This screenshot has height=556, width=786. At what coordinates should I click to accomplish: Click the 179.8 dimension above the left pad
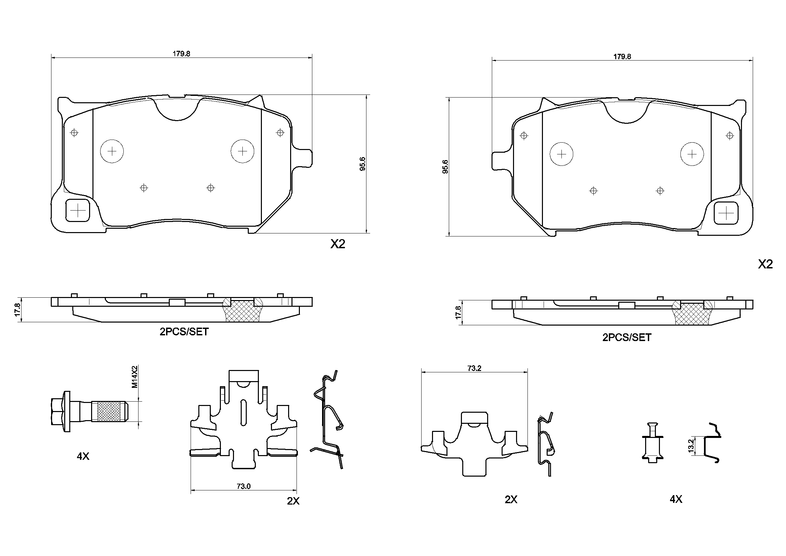click(181, 54)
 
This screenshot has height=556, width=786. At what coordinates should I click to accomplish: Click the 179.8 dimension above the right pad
click(622, 57)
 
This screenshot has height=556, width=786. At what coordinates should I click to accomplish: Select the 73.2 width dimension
click(474, 368)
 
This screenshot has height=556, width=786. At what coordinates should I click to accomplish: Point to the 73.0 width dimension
click(243, 486)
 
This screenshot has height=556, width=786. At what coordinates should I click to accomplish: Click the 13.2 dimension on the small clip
click(691, 446)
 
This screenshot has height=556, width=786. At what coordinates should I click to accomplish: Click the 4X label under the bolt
click(83, 456)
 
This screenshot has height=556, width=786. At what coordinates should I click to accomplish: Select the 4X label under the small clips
click(676, 499)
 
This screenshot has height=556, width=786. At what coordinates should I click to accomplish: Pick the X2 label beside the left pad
click(338, 244)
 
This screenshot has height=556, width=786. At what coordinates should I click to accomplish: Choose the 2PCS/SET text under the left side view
click(184, 332)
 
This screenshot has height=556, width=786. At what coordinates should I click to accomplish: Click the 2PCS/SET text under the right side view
click(626, 337)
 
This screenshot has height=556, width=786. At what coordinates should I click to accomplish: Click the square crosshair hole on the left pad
click(78, 210)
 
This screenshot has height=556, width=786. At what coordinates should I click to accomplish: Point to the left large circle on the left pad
click(112, 151)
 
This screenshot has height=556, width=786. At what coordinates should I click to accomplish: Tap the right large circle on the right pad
click(692, 154)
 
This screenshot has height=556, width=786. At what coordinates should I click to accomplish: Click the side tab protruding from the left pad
click(304, 158)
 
